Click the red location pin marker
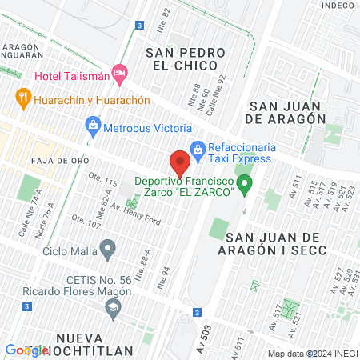[180, 162]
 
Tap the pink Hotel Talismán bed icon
[120, 75]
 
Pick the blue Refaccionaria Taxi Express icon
[197, 148]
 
